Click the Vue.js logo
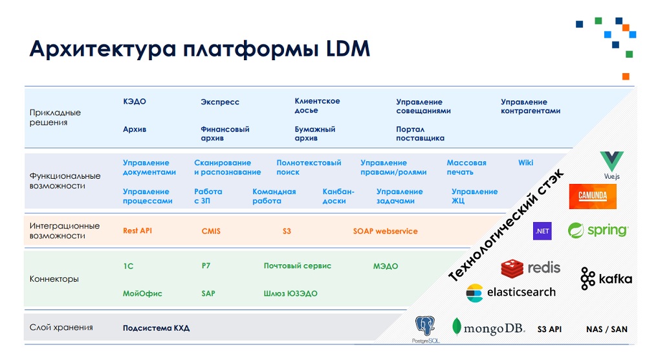pos(611,165)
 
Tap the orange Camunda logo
pos(593,196)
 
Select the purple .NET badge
pos(542,231)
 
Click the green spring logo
pos(598,230)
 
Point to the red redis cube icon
pos(512,269)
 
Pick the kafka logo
pos(606,278)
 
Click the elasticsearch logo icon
pos(474,293)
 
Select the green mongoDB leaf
pos(456,326)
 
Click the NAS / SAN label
pos(607,329)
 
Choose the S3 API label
pos(549,329)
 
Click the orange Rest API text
pos(137,231)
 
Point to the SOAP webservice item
pos(386,231)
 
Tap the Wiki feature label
pos(525,163)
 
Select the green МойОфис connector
pos(142,293)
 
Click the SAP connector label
pos(208,293)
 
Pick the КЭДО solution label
pos(135,102)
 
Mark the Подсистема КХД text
pos(157,328)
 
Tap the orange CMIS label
pos(211,231)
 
